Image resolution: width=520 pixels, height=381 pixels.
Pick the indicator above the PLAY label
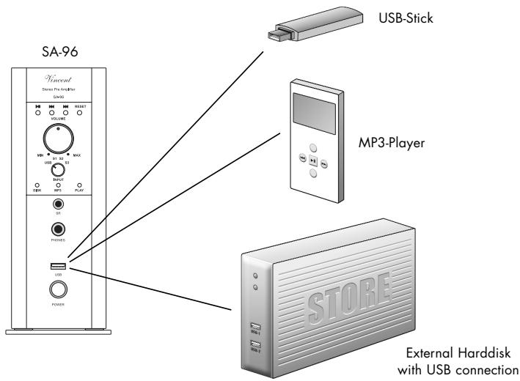click(81, 184)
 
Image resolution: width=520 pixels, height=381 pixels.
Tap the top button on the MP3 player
click(313, 147)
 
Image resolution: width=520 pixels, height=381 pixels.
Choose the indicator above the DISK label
click(32, 184)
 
